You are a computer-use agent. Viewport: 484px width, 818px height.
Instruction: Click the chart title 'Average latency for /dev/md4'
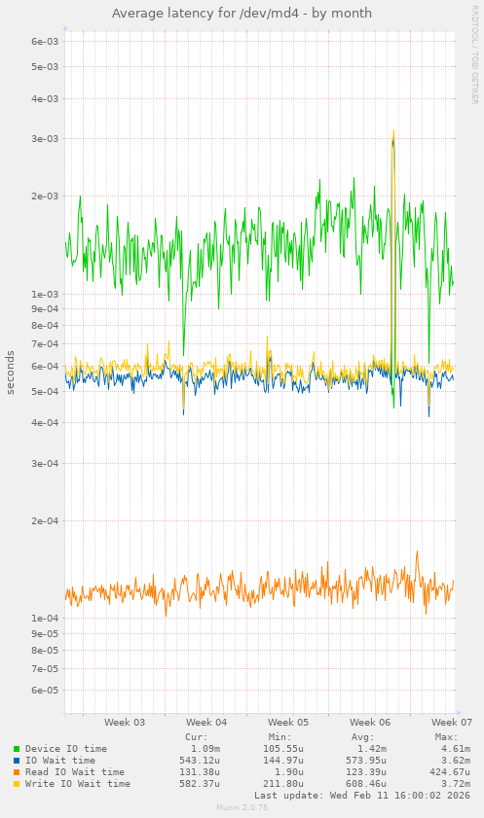pyautogui.click(x=242, y=14)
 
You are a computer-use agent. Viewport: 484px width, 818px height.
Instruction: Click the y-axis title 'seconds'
pyautogui.click(x=11, y=372)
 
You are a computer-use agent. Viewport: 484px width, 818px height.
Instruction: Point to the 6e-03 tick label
pyautogui.click(x=45, y=41)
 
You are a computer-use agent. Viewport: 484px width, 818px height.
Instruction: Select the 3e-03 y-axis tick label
pyautogui.click(x=45, y=138)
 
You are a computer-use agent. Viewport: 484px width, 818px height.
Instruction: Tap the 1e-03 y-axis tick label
pyautogui.click(x=45, y=294)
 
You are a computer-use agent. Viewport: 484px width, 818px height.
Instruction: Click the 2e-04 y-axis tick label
pyautogui.click(x=45, y=520)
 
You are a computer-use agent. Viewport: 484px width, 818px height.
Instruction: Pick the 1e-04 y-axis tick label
pyautogui.click(x=45, y=618)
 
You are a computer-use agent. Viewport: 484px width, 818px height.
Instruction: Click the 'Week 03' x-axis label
pyautogui.click(x=125, y=723)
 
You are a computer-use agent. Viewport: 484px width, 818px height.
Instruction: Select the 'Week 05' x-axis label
pyautogui.click(x=288, y=723)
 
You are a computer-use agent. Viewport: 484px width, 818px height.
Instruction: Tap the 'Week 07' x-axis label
pyautogui.click(x=452, y=723)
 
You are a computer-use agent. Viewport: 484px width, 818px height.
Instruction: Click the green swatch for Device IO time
pyautogui.click(x=17, y=749)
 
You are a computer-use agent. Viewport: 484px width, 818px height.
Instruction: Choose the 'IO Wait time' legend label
pyautogui.click(x=60, y=761)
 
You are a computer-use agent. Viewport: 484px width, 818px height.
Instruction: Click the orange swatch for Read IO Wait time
pyautogui.click(x=17, y=772)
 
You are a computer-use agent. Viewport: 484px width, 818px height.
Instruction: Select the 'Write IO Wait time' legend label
pyautogui.click(x=78, y=784)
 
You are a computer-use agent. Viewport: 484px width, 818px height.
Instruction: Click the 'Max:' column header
pyautogui.click(x=446, y=736)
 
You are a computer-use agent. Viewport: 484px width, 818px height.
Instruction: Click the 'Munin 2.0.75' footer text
pyautogui.click(x=242, y=808)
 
